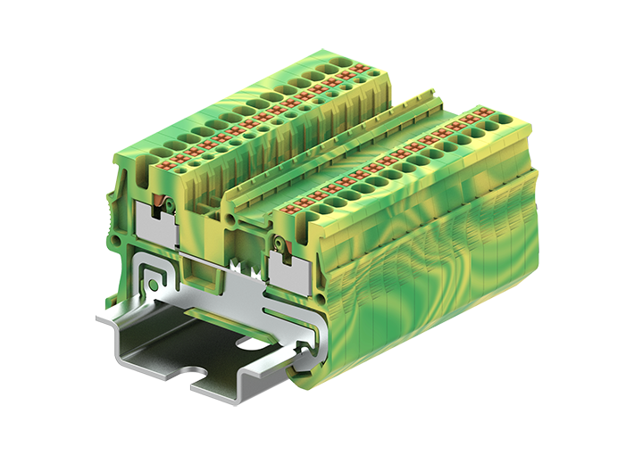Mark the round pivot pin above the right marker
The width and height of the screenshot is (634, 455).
point(279,242)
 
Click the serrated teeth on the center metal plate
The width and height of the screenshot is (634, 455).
point(240,266)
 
